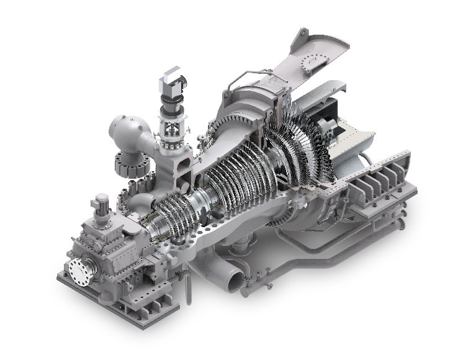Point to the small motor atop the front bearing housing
click(101, 203)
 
